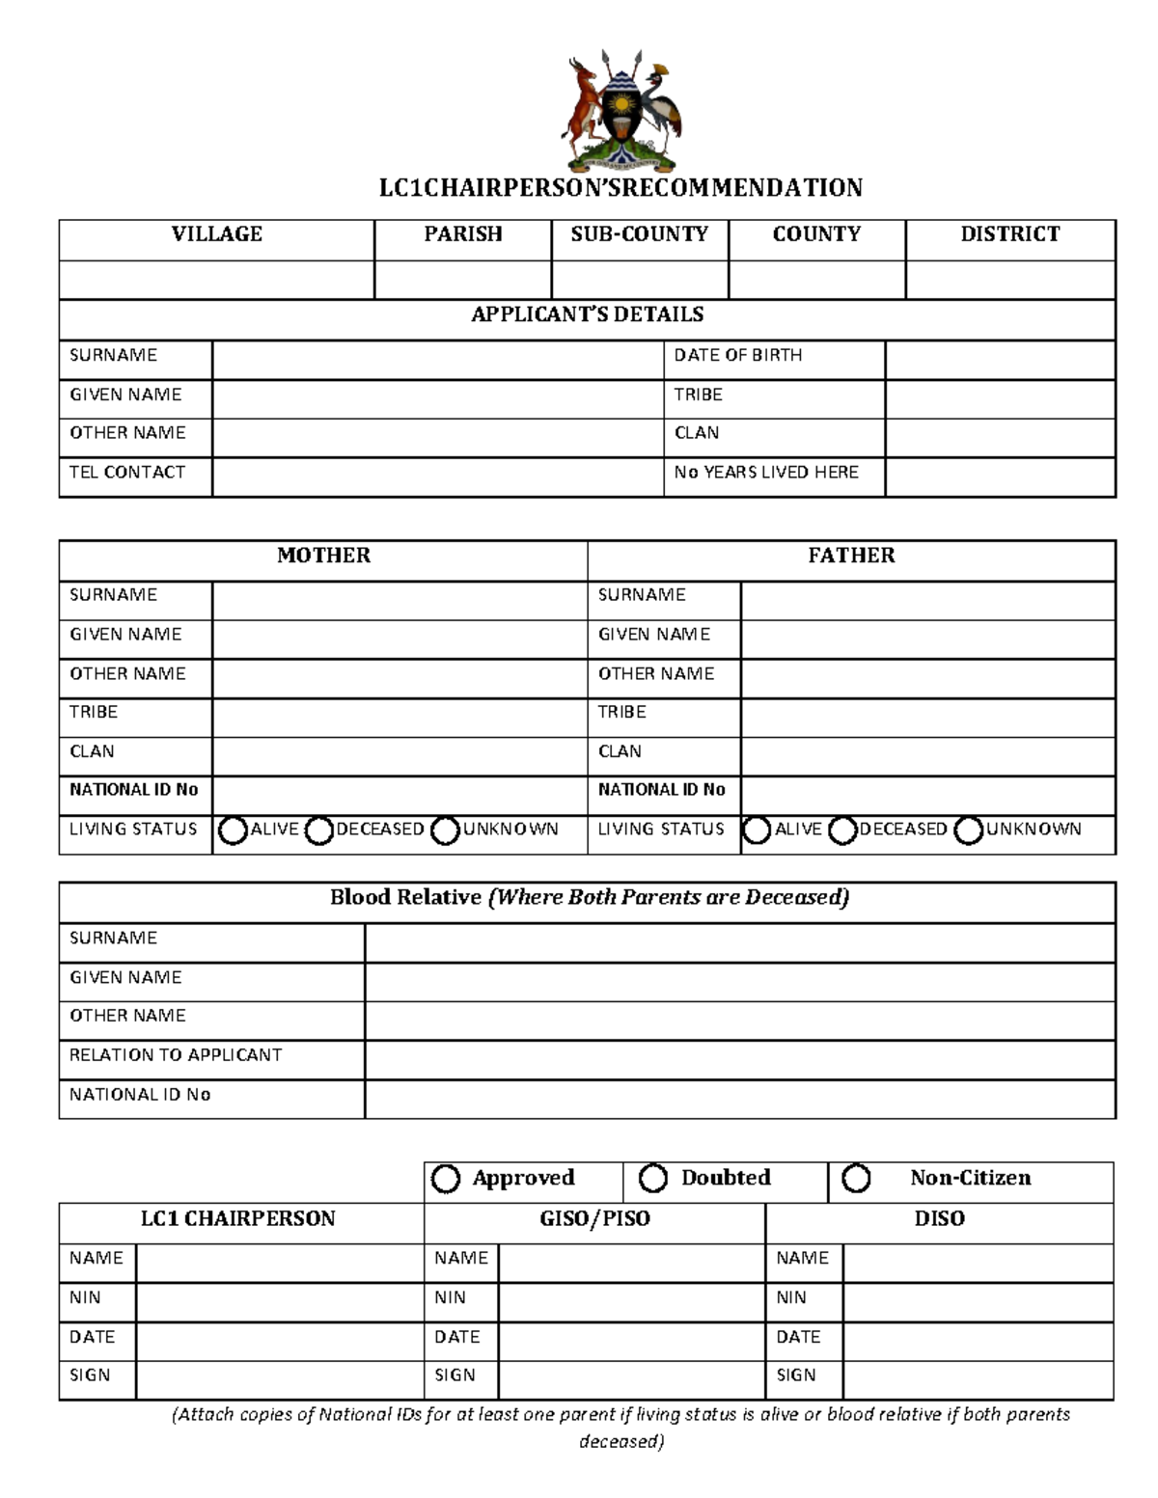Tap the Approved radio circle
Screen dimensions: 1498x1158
coord(445,1179)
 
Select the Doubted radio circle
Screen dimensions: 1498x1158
coord(653,1178)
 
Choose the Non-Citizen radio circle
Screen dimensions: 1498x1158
coord(856,1178)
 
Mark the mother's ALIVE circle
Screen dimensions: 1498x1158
coord(233,831)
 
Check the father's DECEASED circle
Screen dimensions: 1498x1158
coord(842,831)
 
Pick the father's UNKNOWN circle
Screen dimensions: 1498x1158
coord(968,831)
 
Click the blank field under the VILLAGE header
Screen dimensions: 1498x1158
coord(216,280)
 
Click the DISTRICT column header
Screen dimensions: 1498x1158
coord(1009,234)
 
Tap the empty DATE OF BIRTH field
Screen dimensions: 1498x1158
coord(1000,360)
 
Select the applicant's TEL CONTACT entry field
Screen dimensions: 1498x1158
coord(437,477)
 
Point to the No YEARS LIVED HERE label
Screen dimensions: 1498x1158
coord(766,472)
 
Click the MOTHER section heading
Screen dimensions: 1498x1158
coord(323,556)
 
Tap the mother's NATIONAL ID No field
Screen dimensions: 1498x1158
coord(399,794)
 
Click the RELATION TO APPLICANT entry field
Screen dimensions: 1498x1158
coord(739,1058)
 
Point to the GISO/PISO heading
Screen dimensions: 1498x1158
coord(594,1219)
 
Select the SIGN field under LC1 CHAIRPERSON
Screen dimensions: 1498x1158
coord(279,1379)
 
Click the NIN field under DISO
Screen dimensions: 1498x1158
coord(978,1301)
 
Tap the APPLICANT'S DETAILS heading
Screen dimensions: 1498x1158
coord(587,314)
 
